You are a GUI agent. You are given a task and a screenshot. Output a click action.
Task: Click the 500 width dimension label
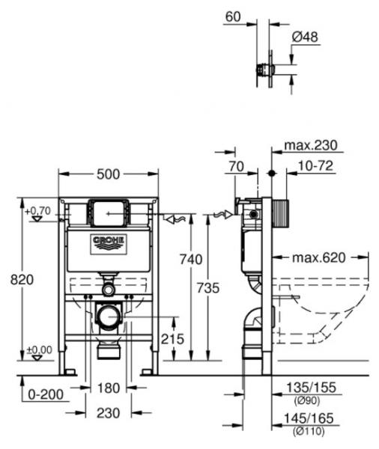pos(108,174)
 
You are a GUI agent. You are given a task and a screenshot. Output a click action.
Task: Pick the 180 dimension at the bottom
pos(109,388)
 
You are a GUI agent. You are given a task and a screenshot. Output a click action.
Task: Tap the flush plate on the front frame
pos(108,212)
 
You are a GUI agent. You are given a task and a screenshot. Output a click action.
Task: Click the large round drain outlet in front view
pos(109,316)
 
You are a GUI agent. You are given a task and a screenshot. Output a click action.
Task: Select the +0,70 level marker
pos(37,212)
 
